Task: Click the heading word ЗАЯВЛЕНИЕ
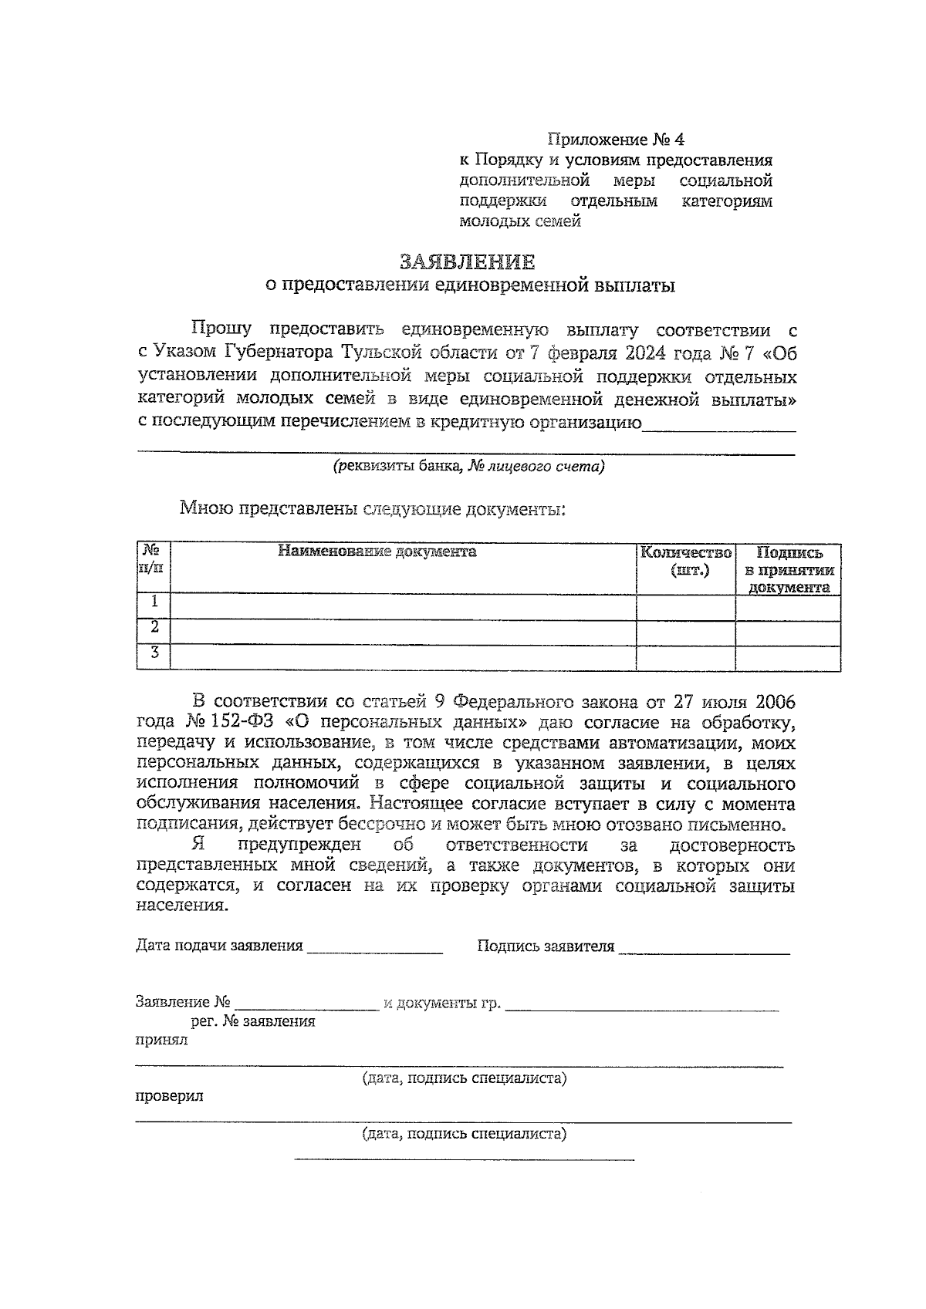(x=467, y=262)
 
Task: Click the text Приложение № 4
(x=616, y=140)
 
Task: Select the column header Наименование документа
(x=377, y=552)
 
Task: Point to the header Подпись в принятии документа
(x=788, y=569)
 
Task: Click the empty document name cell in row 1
(x=403, y=606)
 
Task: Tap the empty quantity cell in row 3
(x=685, y=658)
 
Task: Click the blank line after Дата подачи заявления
(x=375, y=948)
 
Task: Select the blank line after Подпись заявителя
(x=704, y=948)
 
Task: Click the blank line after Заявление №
(x=306, y=1004)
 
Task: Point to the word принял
(x=161, y=1040)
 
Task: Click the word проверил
(x=169, y=1096)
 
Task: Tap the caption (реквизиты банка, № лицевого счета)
(x=468, y=467)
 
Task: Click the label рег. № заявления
(x=253, y=1021)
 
